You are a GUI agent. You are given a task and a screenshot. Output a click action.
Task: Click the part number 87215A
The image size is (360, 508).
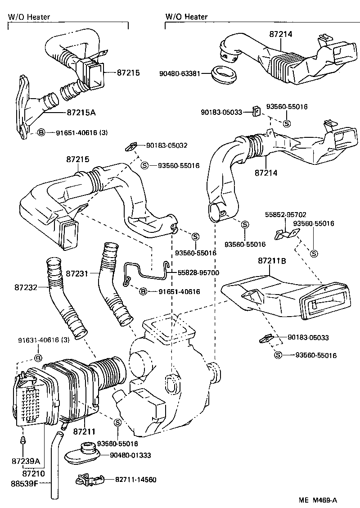point(81,113)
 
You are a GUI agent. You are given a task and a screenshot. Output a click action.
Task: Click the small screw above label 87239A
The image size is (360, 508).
point(22,440)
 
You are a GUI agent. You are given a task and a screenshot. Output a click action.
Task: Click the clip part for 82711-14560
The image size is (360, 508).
point(90,480)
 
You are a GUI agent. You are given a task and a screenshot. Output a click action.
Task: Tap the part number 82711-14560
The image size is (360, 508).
point(135,480)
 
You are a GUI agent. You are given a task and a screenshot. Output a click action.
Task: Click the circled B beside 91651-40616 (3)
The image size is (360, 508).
point(41,132)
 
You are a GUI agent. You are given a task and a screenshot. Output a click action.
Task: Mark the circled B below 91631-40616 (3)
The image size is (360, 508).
point(38,358)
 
